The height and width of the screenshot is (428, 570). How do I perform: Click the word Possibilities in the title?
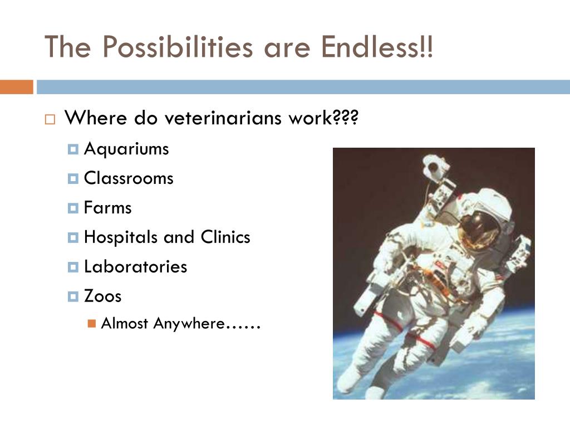(178, 47)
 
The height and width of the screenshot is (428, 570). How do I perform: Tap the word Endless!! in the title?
(377, 47)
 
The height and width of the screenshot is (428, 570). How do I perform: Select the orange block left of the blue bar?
(17, 87)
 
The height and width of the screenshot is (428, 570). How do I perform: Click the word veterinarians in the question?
(223, 118)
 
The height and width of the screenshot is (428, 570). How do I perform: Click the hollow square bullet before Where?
(50, 119)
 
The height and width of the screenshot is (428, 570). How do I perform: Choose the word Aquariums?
(126, 149)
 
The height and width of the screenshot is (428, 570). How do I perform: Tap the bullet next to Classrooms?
(73, 179)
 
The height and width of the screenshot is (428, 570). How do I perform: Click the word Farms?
(107, 208)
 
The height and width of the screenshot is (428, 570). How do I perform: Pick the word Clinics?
(225, 237)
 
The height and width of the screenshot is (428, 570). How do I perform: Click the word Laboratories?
(136, 266)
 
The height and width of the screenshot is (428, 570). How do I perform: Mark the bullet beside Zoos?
(73, 296)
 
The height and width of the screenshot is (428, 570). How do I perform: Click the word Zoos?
(103, 296)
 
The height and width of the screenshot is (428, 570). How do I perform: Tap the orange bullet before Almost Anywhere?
(92, 324)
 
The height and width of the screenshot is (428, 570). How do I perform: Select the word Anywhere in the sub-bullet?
(189, 324)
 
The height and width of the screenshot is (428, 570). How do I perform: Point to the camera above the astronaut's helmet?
(435, 166)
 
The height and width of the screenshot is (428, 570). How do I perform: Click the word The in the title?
(67, 47)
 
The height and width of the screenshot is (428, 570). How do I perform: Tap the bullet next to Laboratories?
(73, 267)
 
